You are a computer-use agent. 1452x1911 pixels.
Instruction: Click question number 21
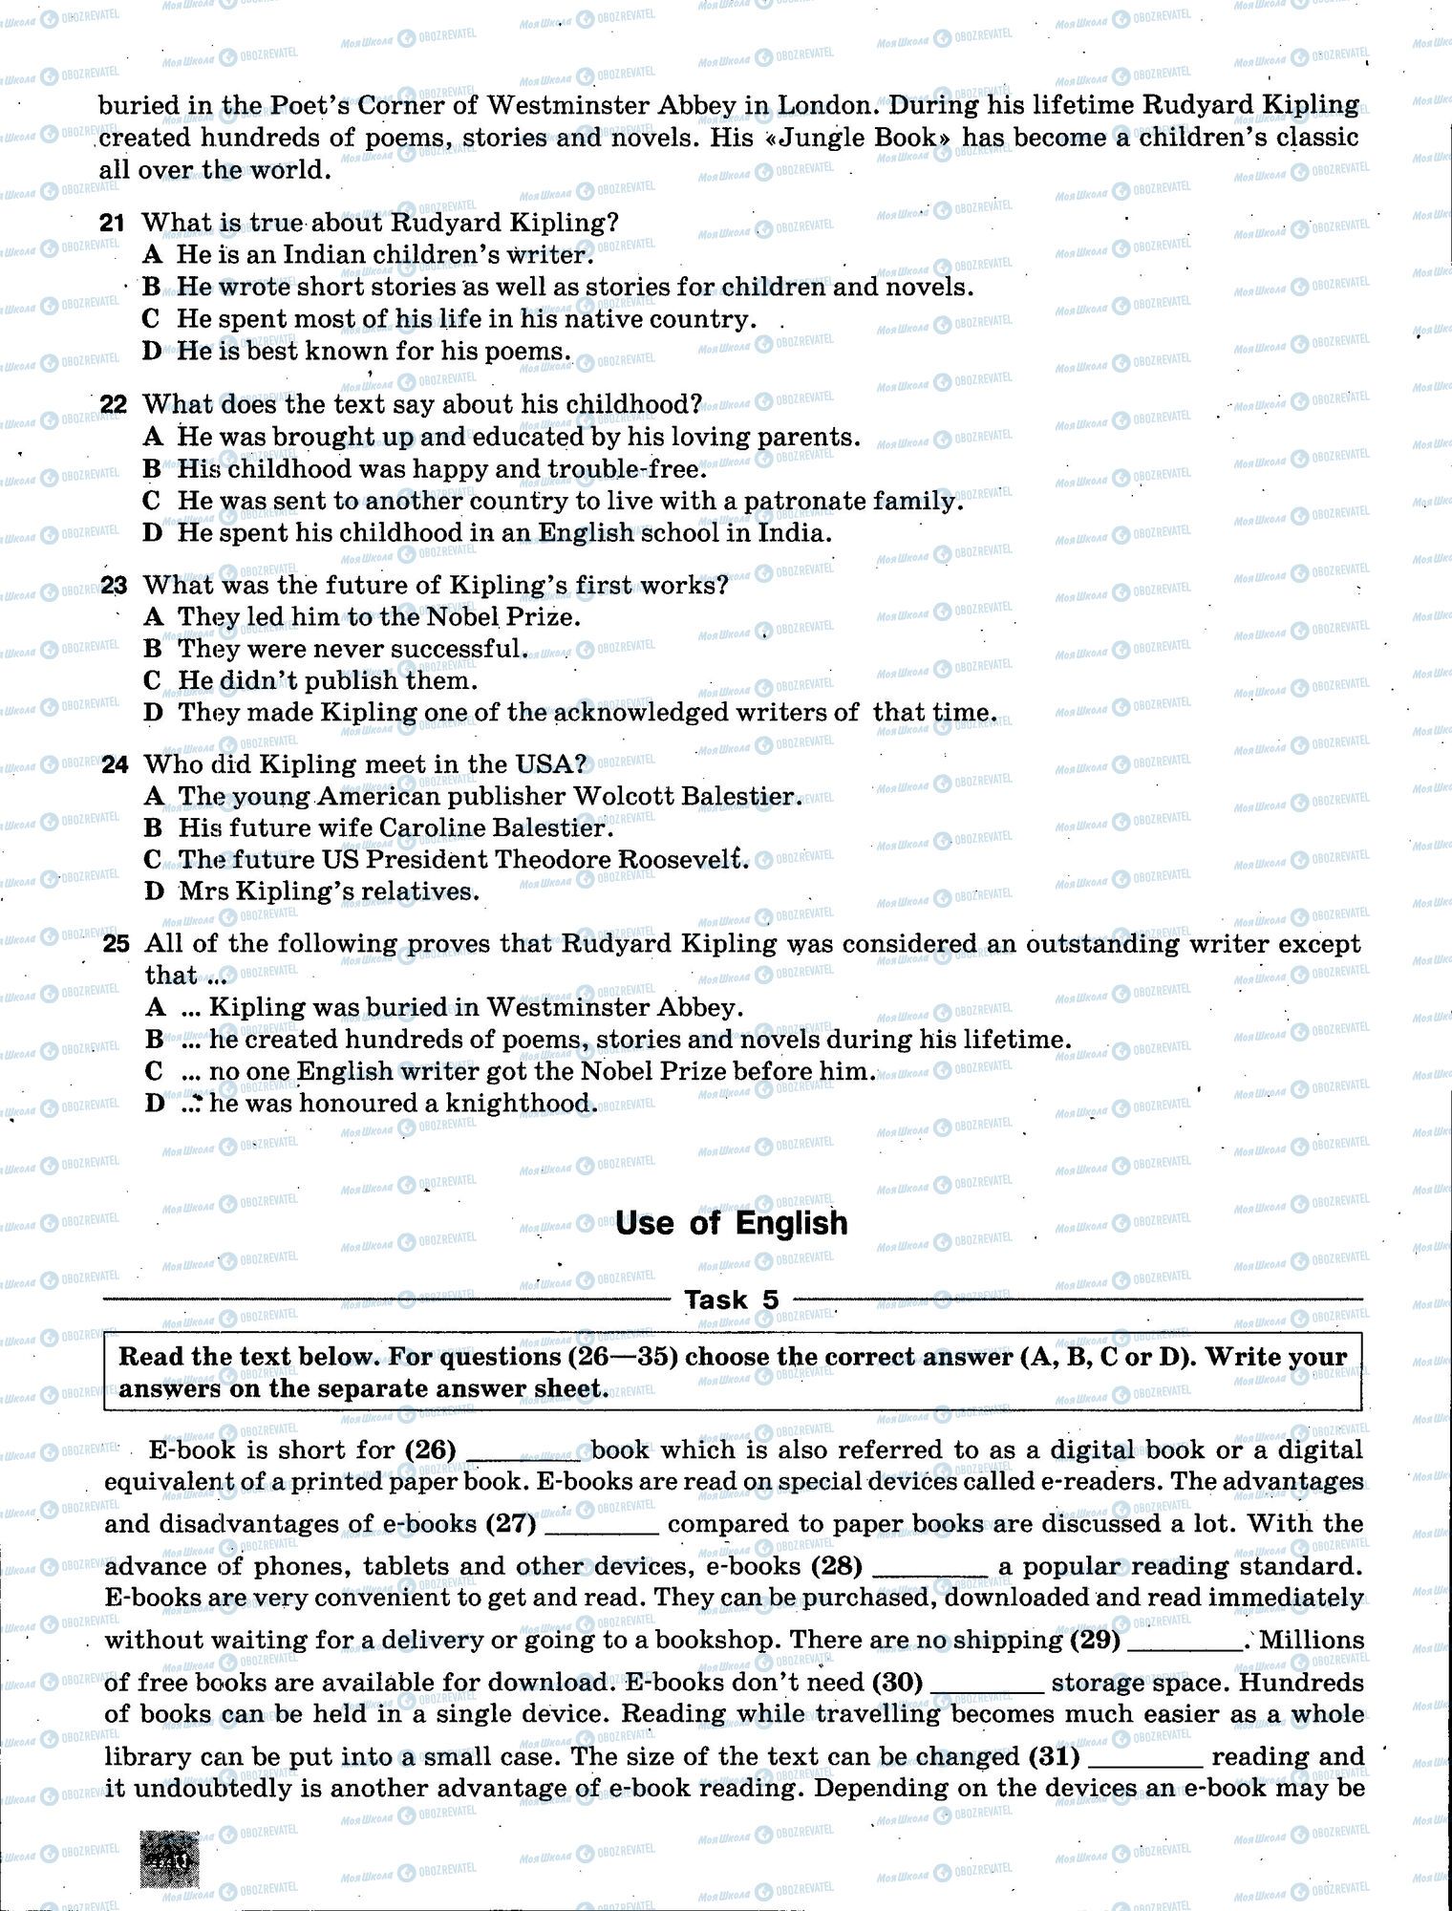(112, 224)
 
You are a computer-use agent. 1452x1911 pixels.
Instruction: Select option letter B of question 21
(152, 287)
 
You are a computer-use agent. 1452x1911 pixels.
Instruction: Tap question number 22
(113, 404)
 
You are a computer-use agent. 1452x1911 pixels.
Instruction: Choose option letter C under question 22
(152, 501)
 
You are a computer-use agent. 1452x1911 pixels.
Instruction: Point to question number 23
(113, 585)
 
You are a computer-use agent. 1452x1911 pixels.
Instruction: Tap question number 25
(115, 944)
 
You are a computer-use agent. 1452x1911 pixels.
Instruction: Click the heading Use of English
(731, 1223)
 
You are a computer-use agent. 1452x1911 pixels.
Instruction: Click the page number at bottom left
(169, 1859)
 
